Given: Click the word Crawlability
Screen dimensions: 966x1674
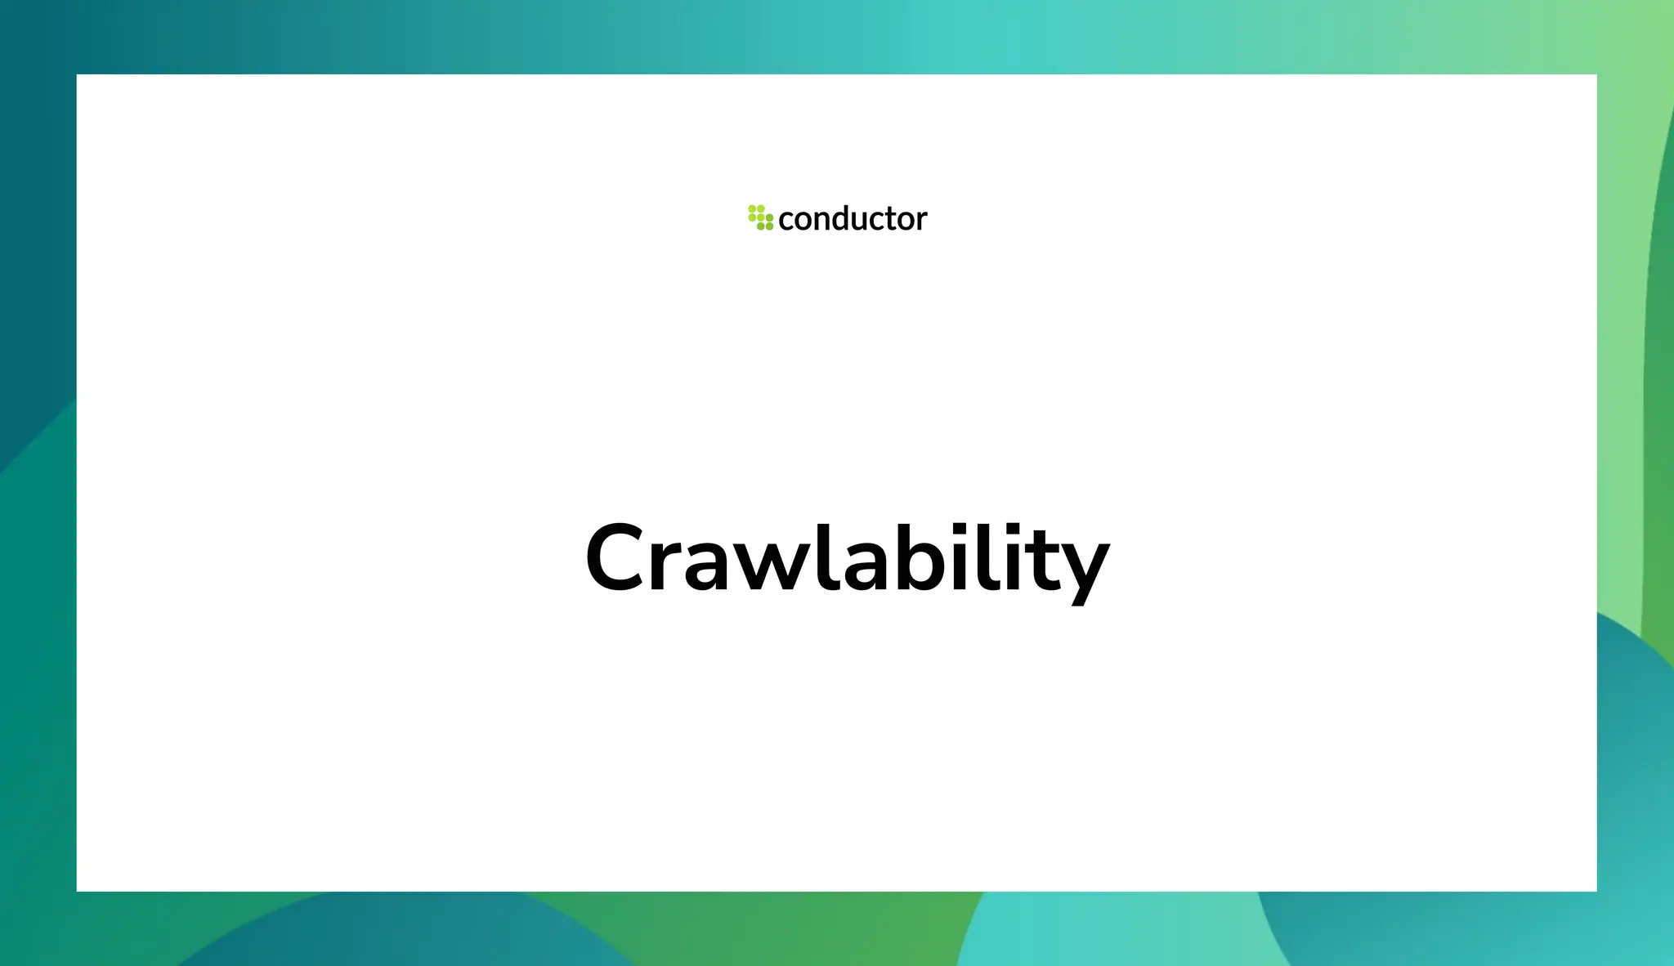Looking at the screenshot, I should (847, 559).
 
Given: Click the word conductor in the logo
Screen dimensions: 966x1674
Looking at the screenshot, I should (853, 219).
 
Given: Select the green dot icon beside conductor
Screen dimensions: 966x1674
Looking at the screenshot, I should (760, 217).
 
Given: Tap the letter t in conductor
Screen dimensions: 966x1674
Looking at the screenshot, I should (894, 219).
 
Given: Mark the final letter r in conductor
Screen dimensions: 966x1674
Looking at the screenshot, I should (922, 221).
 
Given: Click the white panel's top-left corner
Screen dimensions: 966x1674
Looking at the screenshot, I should (78, 75).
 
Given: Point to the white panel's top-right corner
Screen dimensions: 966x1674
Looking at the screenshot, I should (1596, 75).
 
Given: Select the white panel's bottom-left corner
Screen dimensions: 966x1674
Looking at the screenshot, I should (78, 890).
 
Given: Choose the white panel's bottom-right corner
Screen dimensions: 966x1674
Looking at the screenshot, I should (1596, 890).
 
